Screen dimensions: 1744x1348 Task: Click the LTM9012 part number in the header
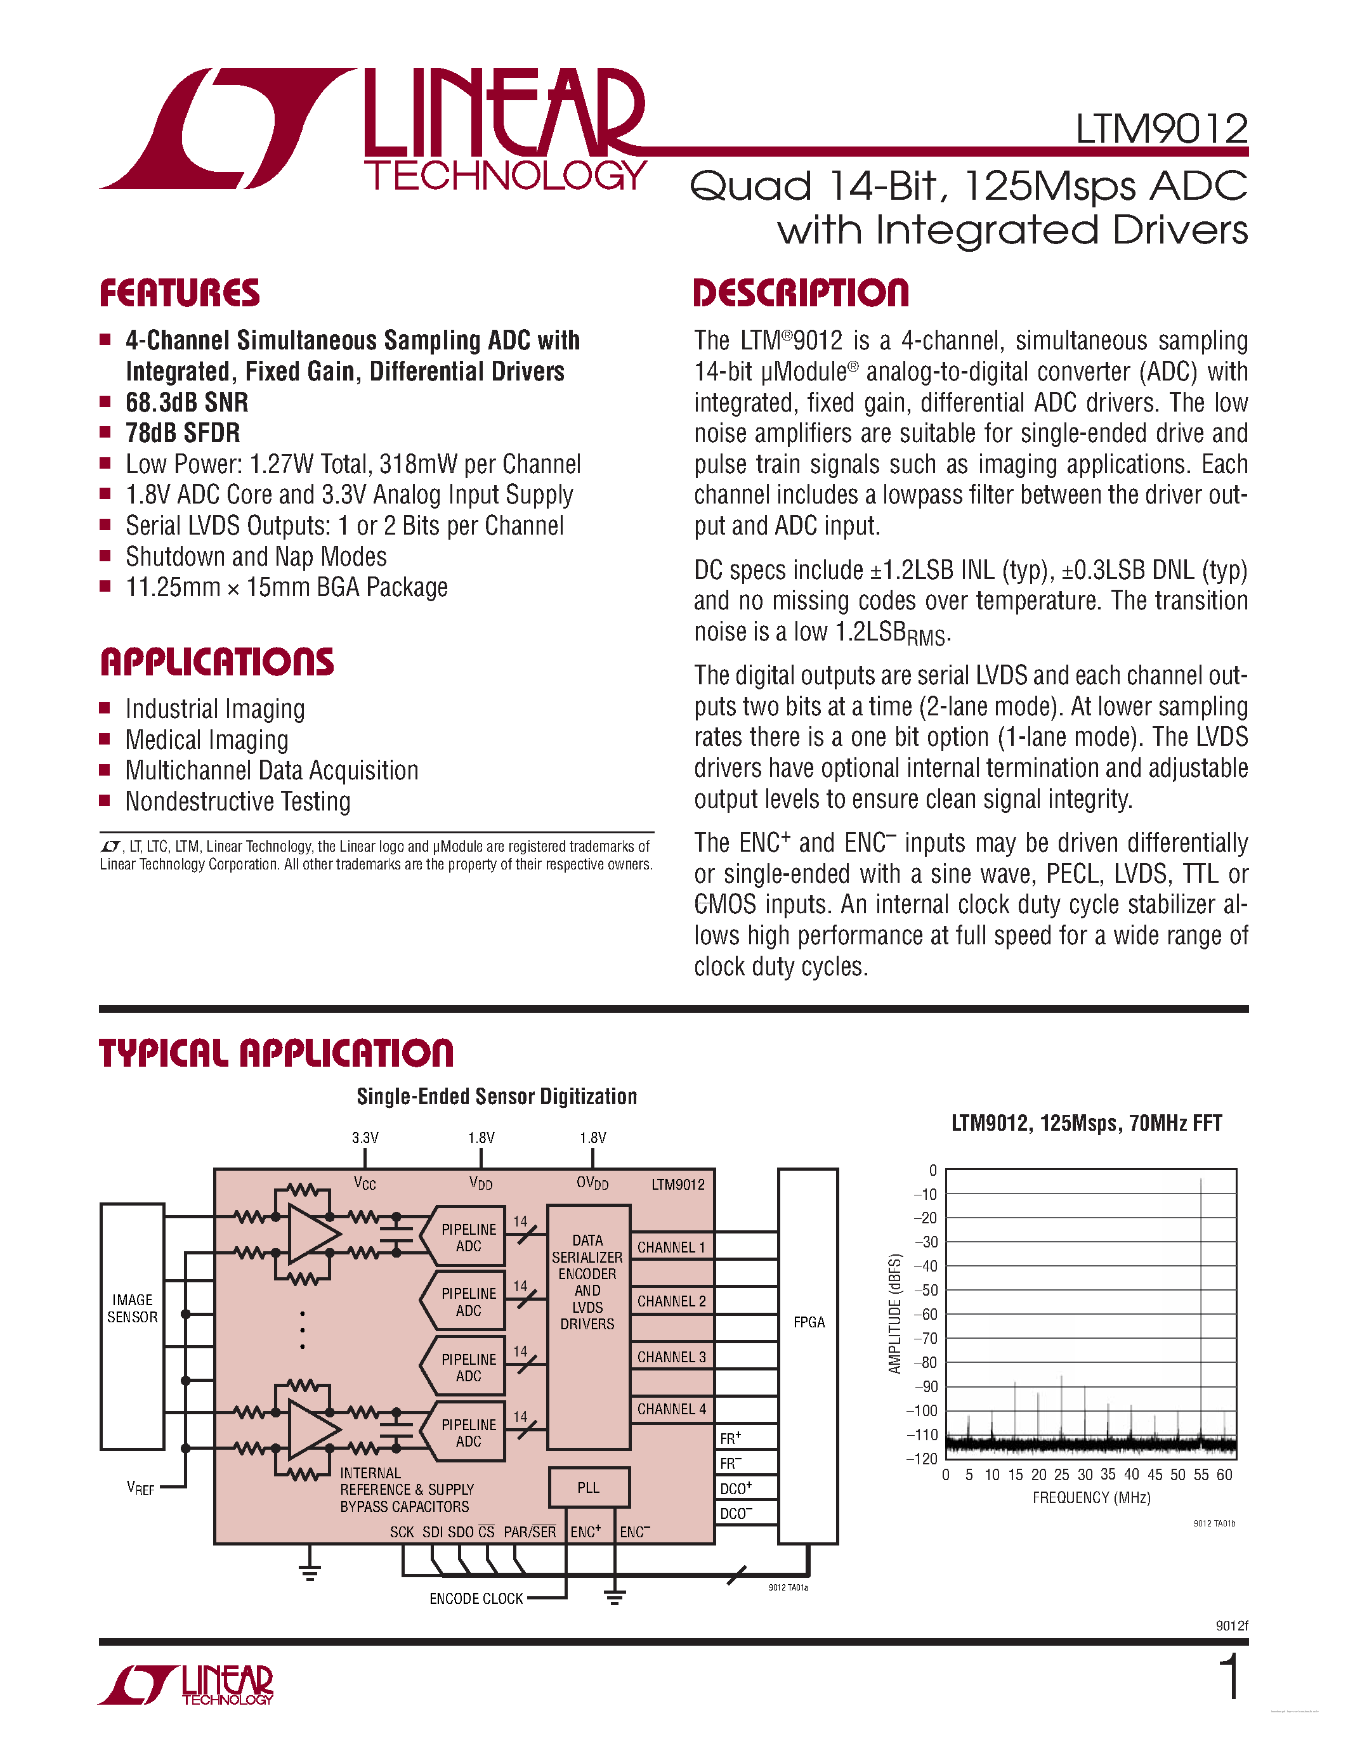click(1160, 129)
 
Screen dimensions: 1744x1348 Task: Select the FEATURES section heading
click(180, 293)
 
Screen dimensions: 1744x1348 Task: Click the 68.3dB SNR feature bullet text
click(187, 403)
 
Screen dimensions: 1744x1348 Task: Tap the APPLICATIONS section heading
click(217, 662)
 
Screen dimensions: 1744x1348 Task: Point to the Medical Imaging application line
click(207, 740)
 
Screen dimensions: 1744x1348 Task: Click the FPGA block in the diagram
click(808, 1322)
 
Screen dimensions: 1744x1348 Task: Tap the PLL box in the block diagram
click(589, 1487)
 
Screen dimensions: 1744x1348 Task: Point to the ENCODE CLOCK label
click(476, 1598)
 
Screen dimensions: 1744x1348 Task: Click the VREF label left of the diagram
click(141, 1488)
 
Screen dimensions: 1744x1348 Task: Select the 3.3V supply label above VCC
click(365, 1137)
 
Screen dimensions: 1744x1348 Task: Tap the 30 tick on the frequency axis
click(1085, 1475)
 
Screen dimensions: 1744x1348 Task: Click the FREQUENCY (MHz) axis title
click(1091, 1497)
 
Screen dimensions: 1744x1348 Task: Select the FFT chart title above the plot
click(1086, 1124)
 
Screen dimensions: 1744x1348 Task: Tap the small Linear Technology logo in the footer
click(186, 1684)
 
